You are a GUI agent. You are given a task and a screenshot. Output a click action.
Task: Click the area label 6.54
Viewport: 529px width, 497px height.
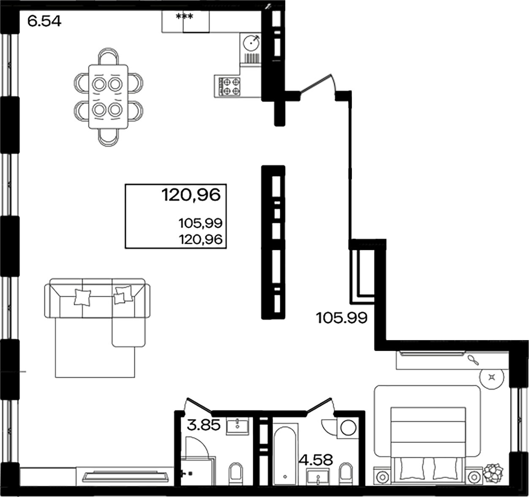point(44,21)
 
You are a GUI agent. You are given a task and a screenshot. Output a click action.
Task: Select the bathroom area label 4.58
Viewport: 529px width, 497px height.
point(316,460)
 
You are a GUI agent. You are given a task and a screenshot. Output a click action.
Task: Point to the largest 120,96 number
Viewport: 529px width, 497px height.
point(191,195)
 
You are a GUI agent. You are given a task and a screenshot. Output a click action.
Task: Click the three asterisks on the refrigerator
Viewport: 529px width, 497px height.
point(184,17)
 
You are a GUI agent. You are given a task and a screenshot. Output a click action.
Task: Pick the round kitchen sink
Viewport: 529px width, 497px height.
point(251,42)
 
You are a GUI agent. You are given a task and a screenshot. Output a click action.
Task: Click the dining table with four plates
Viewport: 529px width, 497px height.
point(108,97)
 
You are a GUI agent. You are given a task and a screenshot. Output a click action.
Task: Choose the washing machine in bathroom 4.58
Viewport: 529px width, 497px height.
point(348,428)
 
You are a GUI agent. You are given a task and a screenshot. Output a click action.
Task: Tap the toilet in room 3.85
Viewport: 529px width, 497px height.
point(235,474)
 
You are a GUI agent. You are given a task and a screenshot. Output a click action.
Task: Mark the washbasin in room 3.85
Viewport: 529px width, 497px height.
point(239,426)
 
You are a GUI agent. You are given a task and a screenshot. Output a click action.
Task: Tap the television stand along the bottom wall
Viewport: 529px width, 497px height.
point(124,476)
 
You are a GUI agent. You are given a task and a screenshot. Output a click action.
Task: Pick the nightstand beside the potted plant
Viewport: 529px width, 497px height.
point(474,477)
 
